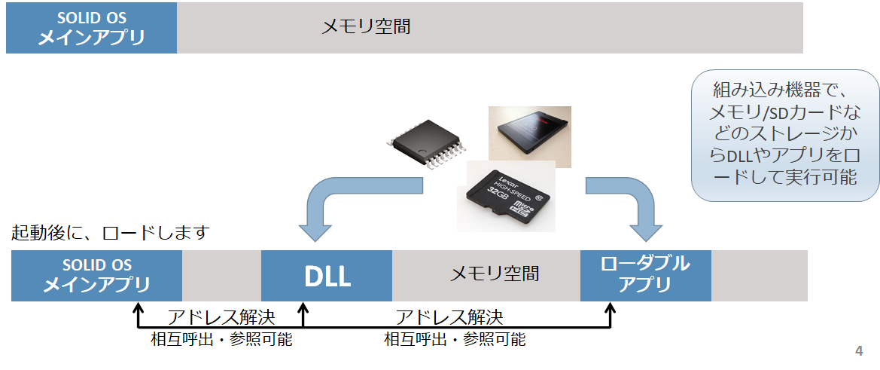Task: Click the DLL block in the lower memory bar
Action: pyautogui.click(x=327, y=276)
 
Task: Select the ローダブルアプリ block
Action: pyautogui.click(x=645, y=275)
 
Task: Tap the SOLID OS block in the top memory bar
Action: pyautogui.click(x=91, y=28)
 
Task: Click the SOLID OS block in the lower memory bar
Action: pyautogui.click(x=96, y=276)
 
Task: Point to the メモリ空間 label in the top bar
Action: pyautogui.click(x=366, y=27)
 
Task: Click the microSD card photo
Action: pyautogui.click(x=507, y=197)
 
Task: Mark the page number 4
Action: pyautogui.click(x=859, y=351)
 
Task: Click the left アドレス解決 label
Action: pyautogui.click(x=221, y=316)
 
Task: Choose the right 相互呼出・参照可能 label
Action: pyautogui.click(x=455, y=340)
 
